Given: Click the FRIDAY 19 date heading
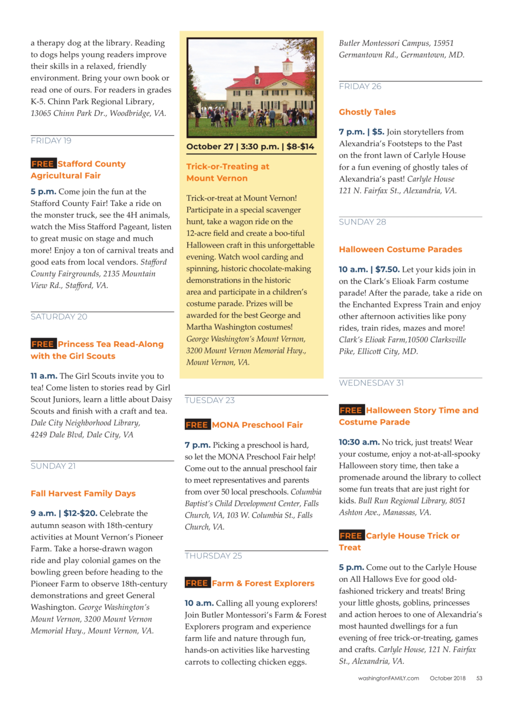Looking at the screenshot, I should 51,140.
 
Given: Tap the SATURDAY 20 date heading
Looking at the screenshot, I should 59,317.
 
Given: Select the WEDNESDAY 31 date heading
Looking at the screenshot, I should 371,383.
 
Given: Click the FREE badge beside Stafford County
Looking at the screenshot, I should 43,164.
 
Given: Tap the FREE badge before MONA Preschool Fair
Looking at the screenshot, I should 197,425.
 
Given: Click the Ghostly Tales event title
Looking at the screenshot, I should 367,112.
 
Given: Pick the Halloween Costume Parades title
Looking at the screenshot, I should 400,249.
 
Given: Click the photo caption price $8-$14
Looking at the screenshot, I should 300,147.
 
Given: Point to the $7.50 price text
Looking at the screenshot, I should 387,269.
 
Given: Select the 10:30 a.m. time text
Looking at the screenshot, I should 359,442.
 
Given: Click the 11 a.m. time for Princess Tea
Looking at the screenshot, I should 44,376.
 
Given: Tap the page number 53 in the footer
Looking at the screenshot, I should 479,678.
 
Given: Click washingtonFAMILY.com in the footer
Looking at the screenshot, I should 388,678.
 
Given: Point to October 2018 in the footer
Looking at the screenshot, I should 447,678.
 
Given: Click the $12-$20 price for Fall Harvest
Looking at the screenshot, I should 80,513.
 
